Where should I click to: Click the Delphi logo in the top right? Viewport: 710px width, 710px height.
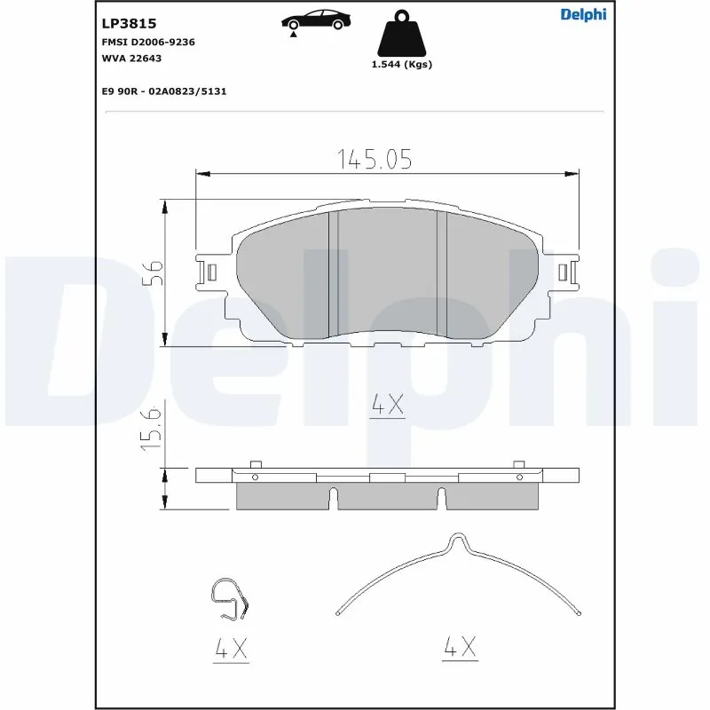[x=583, y=14]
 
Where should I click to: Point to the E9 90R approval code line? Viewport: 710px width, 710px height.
[x=164, y=91]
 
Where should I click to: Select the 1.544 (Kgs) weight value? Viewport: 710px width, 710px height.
[x=401, y=65]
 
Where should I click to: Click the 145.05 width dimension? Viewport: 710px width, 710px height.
[x=375, y=159]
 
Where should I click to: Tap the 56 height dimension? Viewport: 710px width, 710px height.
[x=152, y=272]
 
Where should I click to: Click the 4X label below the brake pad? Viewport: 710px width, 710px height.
[x=387, y=406]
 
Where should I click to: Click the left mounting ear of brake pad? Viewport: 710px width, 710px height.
[x=210, y=271]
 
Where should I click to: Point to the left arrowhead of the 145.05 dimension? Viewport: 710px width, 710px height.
[x=201, y=172]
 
